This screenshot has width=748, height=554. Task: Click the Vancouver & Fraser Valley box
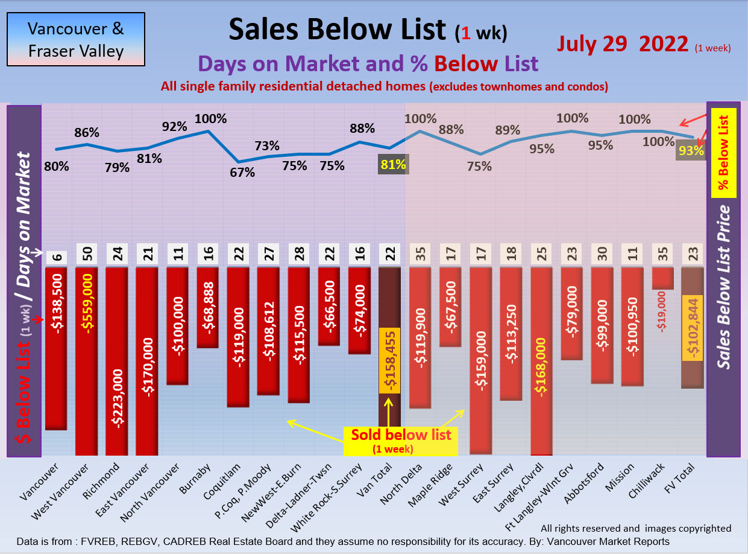(x=76, y=39)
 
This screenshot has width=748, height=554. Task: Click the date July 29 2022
(x=623, y=44)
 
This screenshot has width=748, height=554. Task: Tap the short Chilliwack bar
(x=663, y=278)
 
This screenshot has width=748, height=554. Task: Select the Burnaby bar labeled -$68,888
(x=208, y=307)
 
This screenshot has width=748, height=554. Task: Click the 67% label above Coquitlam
(x=242, y=172)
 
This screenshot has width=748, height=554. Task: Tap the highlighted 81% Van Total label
(x=392, y=164)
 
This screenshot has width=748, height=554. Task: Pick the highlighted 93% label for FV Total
(x=691, y=151)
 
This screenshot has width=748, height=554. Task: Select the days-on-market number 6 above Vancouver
(x=56, y=255)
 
